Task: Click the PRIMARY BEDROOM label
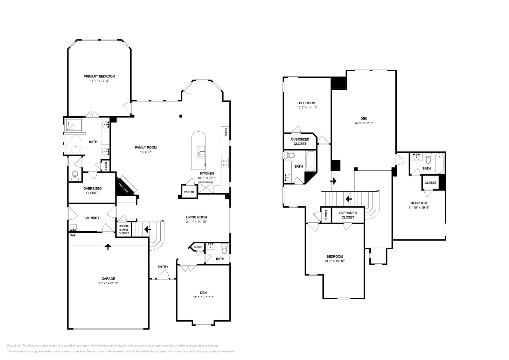[x=99, y=76]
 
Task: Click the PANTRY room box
[x=189, y=192]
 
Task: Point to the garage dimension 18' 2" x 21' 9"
[x=108, y=283]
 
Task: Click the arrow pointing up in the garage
[x=108, y=247]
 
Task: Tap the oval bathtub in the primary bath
[x=75, y=145]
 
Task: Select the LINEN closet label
[x=106, y=166]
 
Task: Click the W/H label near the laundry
[x=73, y=235]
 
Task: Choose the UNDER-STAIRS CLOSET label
[x=124, y=229]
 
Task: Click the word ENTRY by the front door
[x=163, y=267]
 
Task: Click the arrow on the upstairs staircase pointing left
[x=349, y=199]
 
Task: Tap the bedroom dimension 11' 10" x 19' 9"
[x=419, y=208]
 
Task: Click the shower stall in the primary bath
[x=74, y=125]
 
